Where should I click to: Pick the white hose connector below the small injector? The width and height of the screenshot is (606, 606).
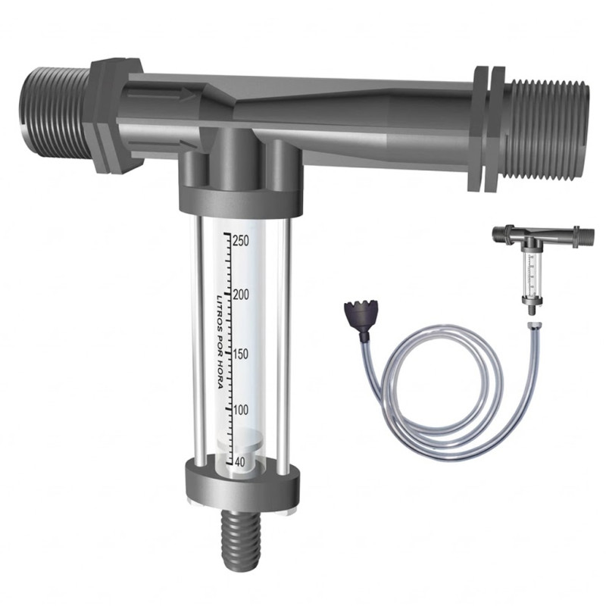tap(533, 325)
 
